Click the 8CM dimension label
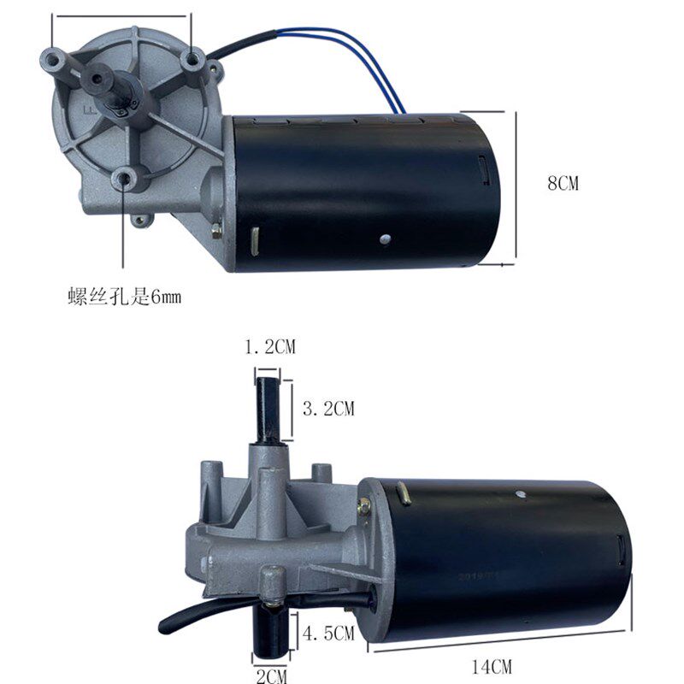click(x=563, y=183)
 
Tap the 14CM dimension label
click(x=497, y=663)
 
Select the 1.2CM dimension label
click(x=270, y=347)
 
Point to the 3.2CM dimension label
click(x=328, y=409)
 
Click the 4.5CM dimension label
click(x=328, y=634)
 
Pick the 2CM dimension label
click(x=273, y=676)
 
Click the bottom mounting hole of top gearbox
click(x=126, y=178)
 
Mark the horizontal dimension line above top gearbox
click(x=120, y=15)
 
